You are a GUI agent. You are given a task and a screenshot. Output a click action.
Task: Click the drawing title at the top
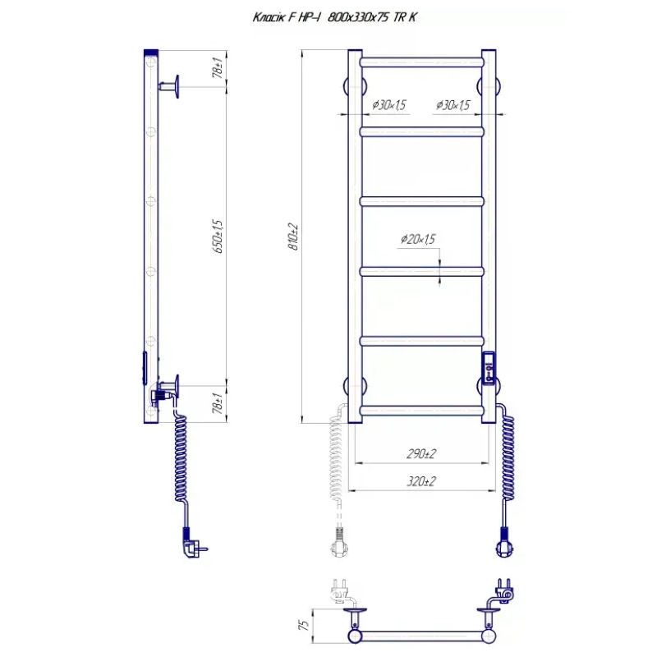tap(334, 17)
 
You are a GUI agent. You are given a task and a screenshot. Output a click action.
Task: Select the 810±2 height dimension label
tap(294, 237)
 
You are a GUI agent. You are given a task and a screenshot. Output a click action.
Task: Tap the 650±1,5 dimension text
tap(218, 237)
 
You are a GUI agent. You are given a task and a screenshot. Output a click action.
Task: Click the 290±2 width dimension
tap(421, 453)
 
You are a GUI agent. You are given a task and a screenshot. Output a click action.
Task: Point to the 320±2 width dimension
tap(421, 481)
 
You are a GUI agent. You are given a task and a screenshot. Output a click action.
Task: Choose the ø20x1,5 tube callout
tap(418, 239)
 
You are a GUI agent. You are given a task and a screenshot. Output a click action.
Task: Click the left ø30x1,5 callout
tap(388, 105)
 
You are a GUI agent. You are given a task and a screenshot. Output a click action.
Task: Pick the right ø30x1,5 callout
tap(453, 105)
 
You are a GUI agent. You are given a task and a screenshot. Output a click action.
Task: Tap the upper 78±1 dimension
tap(218, 67)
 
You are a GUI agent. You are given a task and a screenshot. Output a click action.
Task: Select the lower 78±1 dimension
tap(218, 403)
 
